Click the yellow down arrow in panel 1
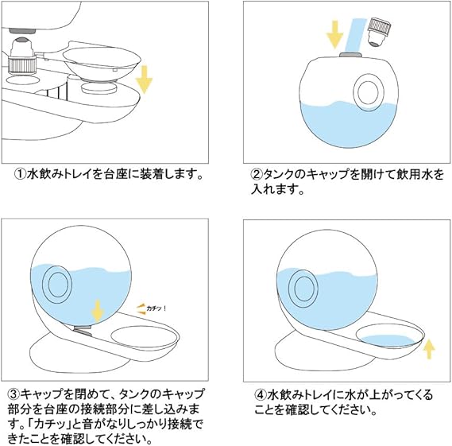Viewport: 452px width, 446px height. (144, 80)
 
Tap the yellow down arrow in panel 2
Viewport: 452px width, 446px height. (334, 34)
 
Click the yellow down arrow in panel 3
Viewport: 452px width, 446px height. (98, 311)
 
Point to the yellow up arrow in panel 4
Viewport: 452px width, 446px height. (429, 349)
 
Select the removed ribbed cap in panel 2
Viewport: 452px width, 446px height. (379, 32)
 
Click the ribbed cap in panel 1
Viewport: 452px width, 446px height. (22, 65)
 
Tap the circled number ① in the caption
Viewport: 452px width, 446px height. (20, 174)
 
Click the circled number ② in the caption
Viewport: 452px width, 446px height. (257, 174)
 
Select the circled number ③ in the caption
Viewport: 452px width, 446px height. (14, 394)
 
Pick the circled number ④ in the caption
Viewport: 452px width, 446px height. (260, 394)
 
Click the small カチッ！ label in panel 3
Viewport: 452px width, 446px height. (156, 308)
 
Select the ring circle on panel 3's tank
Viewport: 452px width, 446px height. (57, 285)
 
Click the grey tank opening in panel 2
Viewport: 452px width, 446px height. (350, 56)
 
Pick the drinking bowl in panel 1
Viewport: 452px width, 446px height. (102, 64)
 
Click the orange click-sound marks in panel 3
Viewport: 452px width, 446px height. (141, 308)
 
